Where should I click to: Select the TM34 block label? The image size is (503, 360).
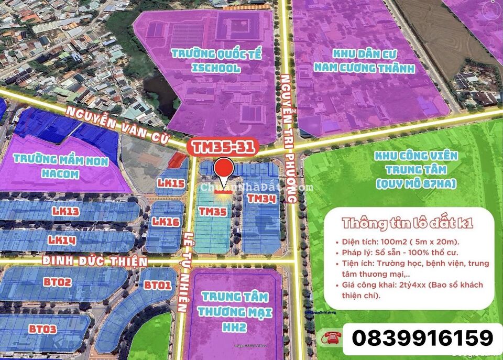(x=261, y=199)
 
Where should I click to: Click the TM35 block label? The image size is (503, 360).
(x=213, y=211)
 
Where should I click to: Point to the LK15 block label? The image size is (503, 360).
(x=170, y=183)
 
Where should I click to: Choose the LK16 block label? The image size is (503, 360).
(x=166, y=222)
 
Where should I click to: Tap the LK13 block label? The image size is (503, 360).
(x=65, y=211)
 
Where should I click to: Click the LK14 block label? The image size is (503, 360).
(x=62, y=240)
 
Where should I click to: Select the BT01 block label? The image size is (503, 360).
(x=157, y=286)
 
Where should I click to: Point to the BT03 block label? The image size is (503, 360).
(x=43, y=329)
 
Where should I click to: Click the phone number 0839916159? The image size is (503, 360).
(x=422, y=338)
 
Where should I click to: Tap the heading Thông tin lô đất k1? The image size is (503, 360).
(x=408, y=223)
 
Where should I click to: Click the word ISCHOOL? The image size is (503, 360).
(x=215, y=68)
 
